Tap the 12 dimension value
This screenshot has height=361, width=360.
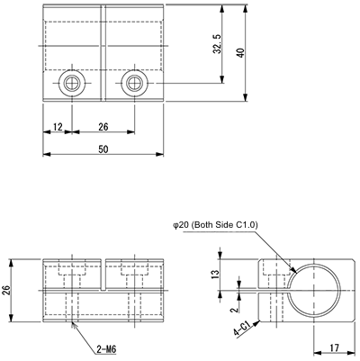pos(58,127)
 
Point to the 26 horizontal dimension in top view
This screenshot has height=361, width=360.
pos(103,127)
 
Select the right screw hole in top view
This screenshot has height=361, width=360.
pos(134,84)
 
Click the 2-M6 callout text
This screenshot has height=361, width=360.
pos(106,348)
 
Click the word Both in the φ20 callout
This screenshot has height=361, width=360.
pos(207,227)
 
